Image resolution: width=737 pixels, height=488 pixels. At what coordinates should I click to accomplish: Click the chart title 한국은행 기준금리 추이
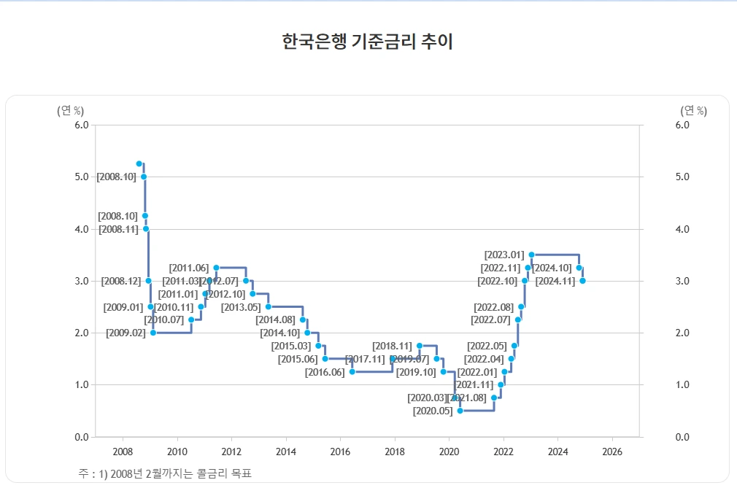[368, 42]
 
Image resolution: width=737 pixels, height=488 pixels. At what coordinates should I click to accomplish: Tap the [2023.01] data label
[504, 255]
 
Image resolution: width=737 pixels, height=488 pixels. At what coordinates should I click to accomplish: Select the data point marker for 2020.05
[460, 411]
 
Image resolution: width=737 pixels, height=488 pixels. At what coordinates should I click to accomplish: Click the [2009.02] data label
[126, 333]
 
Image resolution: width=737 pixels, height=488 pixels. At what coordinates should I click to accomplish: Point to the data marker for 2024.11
[582, 281]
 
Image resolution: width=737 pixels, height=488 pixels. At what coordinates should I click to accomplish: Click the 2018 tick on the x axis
[395, 452]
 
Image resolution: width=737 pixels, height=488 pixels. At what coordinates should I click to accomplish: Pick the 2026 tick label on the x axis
[612, 452]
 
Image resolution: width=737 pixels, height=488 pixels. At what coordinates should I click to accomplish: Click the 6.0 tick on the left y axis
[82, 125]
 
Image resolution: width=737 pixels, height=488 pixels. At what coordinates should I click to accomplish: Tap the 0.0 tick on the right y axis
[683, 437]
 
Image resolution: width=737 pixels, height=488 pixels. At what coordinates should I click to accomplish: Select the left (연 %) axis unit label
[70, 111]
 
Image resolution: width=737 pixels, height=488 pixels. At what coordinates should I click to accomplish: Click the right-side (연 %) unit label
[693, 111]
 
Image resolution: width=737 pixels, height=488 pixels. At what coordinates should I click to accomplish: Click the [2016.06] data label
[325, 372]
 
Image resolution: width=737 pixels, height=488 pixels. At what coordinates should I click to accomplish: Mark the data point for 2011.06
[216, 268]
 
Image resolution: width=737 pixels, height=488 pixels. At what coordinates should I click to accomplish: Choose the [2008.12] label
[121, 281]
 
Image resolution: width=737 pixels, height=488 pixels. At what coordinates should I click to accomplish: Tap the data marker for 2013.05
[268, 306]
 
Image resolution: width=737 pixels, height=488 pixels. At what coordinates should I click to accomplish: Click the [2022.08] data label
[494, 306]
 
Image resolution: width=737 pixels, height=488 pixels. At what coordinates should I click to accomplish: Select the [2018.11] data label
[392, 346]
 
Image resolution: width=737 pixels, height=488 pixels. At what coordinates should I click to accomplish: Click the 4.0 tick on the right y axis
[683, 229]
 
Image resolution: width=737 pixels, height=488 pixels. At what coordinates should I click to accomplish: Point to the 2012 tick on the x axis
[231, 452]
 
